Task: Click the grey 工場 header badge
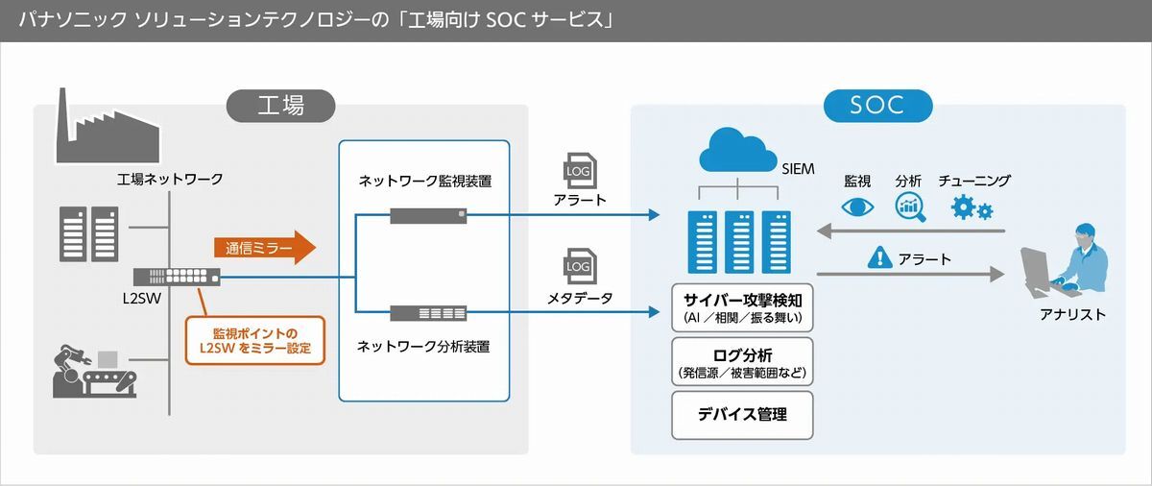[x=280, y=106]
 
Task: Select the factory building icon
[x=107, y=126]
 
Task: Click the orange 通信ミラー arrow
[x=265, y=248]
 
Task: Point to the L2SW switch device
[x=177, y=277]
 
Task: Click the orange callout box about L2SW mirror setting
[x=255, y=340]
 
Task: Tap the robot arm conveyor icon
[x=95, y=372]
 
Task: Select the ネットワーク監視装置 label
[x=424, y=181]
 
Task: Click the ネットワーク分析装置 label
[x=423, y=347]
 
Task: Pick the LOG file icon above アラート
[x=580, y=171]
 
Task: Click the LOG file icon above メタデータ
[x=580, y=266]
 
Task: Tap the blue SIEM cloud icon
[x=738, y=150]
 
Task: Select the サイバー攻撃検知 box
[x=742, y=307]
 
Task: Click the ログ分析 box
[x=742, y=362]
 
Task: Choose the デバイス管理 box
[x=742, y=416]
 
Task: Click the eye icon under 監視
[x=857, y=207]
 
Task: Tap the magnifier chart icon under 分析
[x=910, y=207]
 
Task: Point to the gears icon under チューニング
[x=972, y=207]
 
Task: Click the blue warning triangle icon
[x=879, y=257]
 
